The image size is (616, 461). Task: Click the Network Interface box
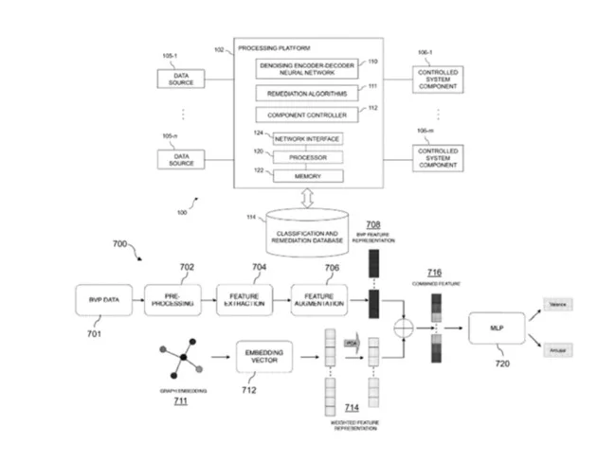tap(307, 139)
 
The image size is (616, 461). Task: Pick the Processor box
tap(307, 157)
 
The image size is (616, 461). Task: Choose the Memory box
tap(307, 176)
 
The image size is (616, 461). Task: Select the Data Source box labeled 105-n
tap(182, 158)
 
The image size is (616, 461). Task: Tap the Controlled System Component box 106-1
tap(438, 80)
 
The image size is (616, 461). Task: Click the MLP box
tap(494, 328)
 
